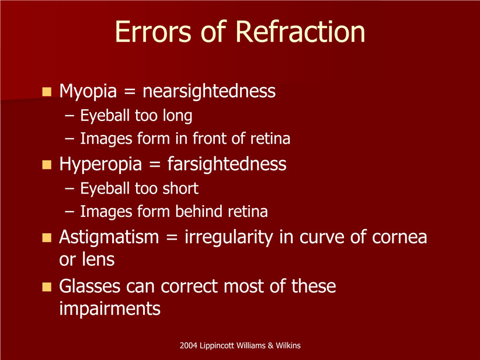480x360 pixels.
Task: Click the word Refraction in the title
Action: [x=300, y=32]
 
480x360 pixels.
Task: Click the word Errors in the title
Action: [x=152, y=32]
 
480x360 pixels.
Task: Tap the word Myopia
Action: [x=88, y=92]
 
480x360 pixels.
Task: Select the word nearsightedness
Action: [x=209, y=91]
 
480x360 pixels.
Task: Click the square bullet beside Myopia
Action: [x=47, y=92]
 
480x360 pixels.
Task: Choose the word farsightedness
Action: [x=227, y=164]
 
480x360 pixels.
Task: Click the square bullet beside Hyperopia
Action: [x=47, y=165]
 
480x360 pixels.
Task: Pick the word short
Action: [x=180, y=188]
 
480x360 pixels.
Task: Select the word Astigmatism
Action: [x=109, y=237]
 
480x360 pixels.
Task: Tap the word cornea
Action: [x=399, y=237]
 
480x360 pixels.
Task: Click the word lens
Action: [x=98, y=259]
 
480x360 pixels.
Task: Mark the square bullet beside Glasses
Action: [x=47, y=287]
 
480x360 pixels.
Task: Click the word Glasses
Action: [x=91, y=286]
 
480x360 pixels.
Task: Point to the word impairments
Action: [x=110, y=309]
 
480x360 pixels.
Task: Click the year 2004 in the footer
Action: [x=188, y=345]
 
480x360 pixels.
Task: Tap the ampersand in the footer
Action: [x=270, y=345]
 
